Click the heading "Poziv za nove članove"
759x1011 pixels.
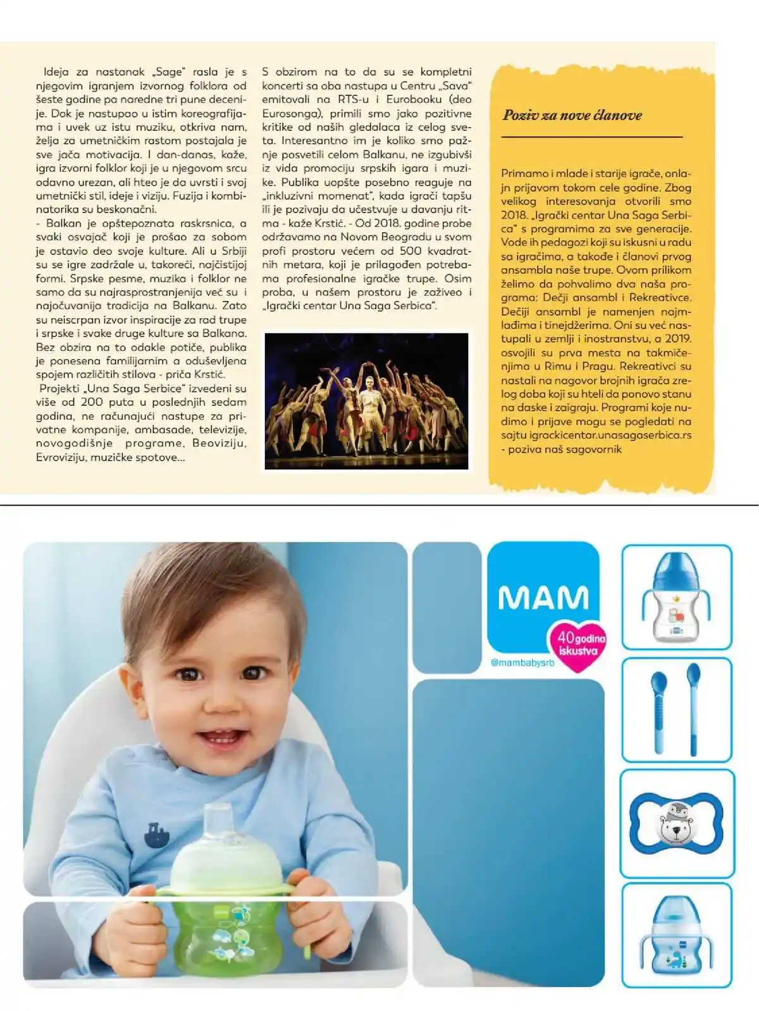coord(572,115)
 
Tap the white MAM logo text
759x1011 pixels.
coord(543,597)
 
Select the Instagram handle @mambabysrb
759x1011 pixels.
coord(522,663)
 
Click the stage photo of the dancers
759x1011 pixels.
coord(366,400)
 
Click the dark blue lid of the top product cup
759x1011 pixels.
coord(676,569)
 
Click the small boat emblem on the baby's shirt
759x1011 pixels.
coord(156,835)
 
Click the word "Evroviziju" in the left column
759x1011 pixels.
coord(62,457)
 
